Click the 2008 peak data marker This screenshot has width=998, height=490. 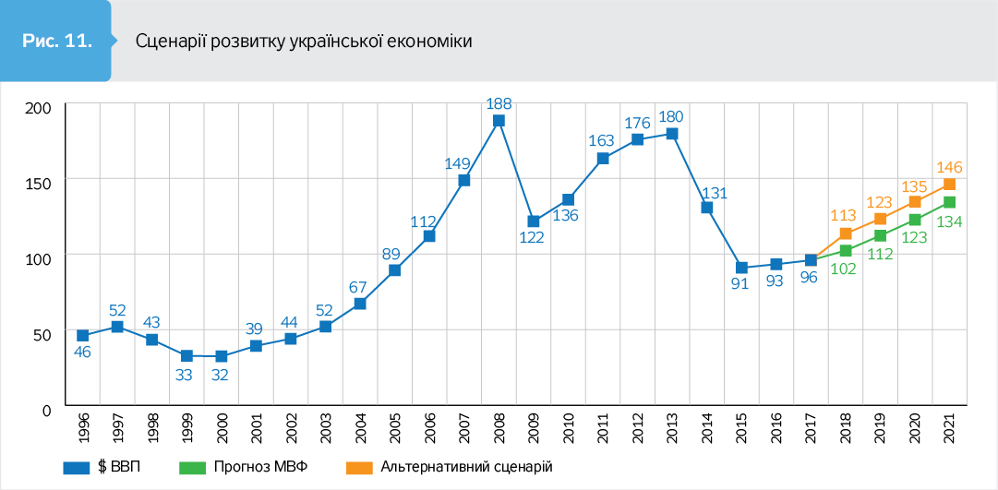tap(499, 120)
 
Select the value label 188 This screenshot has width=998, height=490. tap(499, 102)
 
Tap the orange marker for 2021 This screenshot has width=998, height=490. tap(949, 185)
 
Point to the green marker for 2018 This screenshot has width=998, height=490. tap(845, 251)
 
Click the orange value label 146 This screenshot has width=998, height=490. tap(950, 167)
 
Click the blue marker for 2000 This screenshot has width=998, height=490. tap(221, 356)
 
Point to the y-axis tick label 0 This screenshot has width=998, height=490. tap(45, 407)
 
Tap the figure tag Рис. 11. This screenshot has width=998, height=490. tap(56, 42)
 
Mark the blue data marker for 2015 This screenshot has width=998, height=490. tap(741, 268)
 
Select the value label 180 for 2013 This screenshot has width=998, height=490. tap(672, 116)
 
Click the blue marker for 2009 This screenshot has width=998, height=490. tap(534, 221)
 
